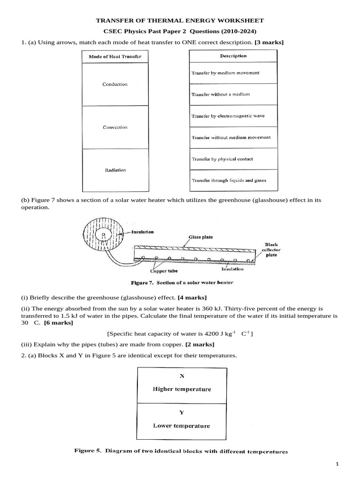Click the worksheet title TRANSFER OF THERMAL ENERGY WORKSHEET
tap(180, 21)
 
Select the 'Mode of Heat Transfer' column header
tap(115, 57)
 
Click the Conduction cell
tap(115, 84)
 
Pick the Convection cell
tap(115, 127)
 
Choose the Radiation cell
tap(115, 170)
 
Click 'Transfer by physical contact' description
tap(222, 159)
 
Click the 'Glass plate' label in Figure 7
tap(201, 237)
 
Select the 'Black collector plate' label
tap(271, 250)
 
